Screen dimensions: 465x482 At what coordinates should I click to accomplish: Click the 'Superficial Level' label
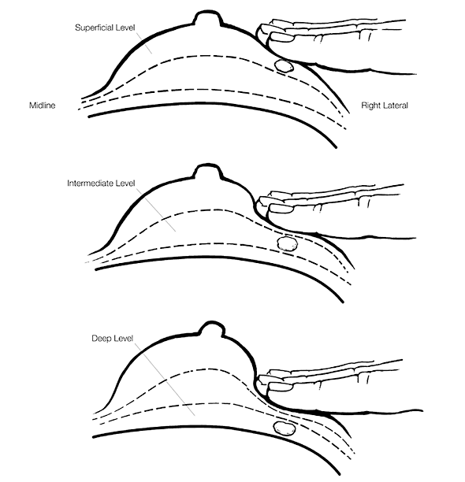point(105,28)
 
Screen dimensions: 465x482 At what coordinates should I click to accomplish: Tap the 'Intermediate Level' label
point(101,184)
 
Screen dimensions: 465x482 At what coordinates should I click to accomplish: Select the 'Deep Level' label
point(112,339)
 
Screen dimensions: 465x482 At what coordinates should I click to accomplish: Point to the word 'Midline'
point(42,106)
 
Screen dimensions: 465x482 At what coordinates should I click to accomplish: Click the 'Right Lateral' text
point(385,106)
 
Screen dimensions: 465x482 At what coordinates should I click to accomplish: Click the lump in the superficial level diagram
point(283,66)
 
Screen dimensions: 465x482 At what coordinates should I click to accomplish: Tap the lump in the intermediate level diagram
point(287,243)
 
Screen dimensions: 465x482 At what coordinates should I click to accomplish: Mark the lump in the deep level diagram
point(285,428)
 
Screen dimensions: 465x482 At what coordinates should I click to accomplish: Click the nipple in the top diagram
point(207,17)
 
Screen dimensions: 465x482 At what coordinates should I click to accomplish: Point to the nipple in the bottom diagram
point(211,329)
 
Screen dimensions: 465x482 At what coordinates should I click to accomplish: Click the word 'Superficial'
point(94,28)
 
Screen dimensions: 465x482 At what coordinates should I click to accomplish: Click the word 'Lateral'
point(395,106)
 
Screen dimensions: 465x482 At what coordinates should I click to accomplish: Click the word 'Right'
point(370,106)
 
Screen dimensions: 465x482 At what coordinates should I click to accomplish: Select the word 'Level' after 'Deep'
point(123,339)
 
